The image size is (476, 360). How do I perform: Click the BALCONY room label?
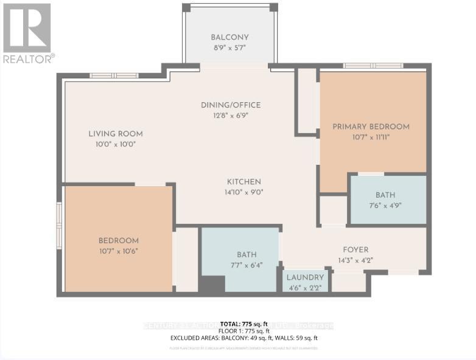[229, 36]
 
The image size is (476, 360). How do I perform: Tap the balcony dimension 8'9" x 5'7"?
[229, 47]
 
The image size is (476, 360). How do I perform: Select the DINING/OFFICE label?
[231, 105]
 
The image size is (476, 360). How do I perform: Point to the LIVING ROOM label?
[116, 134]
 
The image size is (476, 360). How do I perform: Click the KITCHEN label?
[244, 181]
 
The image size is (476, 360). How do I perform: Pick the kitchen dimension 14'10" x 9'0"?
[244, 192]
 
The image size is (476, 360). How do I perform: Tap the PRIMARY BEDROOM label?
[371, 126]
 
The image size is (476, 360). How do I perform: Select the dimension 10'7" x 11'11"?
[371, 137]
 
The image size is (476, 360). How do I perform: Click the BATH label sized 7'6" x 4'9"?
[385, 195]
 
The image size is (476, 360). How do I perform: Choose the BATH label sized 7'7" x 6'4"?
[247, 254]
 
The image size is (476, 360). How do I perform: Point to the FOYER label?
[355, 249]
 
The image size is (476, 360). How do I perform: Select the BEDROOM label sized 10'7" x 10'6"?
[119, 240]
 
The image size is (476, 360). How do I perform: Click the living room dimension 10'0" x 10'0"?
[116, 144]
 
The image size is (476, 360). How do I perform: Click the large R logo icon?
[27, 27]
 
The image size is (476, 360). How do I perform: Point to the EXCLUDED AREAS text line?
[244, 337]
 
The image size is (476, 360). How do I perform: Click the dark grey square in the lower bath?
[212, 284]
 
